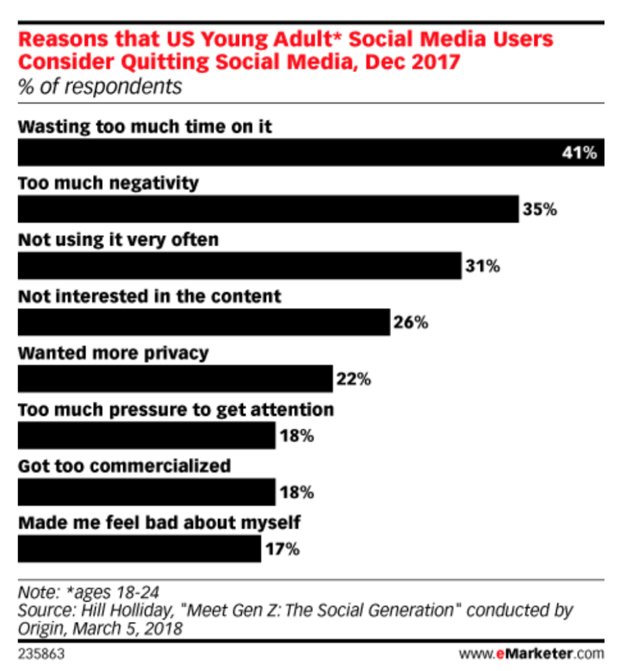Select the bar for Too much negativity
point(268,209)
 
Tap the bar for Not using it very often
point(240,266)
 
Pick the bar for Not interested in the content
point(204,322)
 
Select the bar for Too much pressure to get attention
point(146,435)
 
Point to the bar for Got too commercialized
point(146,492)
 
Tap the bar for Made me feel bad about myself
point(139,548)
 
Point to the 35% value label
point(540,210)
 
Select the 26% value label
point(411,322)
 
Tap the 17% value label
point(282,549)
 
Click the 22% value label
point(354,379)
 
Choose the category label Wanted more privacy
point(113,353)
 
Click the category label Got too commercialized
point(124,466)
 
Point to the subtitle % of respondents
point(100,86)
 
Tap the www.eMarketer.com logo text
point(530,653)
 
